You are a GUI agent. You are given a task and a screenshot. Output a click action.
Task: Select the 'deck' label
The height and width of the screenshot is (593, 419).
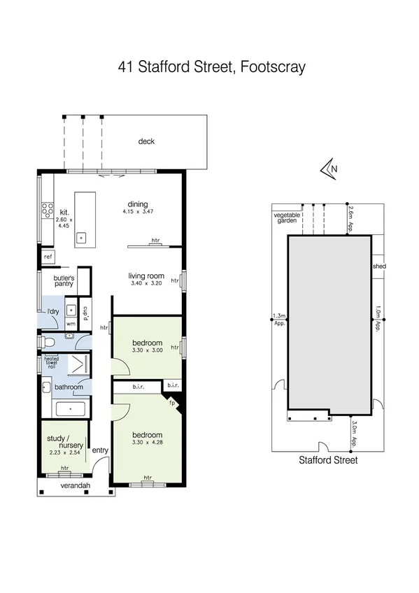point(146,141)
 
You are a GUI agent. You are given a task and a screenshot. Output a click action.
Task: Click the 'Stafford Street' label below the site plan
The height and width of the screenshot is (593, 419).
point(328,460)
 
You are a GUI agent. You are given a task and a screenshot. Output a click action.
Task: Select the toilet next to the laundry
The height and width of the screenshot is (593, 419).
point(47,342)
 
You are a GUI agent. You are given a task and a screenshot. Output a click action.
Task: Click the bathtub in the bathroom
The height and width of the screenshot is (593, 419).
point(69,409)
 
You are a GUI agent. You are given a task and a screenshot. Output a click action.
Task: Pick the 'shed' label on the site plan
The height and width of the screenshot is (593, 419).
point(379,266)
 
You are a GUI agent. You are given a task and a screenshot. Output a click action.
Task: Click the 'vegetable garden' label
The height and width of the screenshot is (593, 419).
point(286,217)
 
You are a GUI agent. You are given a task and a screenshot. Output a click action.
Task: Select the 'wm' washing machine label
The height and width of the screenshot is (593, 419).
point(71,324)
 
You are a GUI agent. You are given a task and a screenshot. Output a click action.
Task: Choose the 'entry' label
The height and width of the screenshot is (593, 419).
point(100,450)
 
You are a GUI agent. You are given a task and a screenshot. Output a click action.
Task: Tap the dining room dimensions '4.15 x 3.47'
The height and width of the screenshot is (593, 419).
point(137,211)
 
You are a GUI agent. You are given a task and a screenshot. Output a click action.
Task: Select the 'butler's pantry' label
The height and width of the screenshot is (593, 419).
point(64,281)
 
